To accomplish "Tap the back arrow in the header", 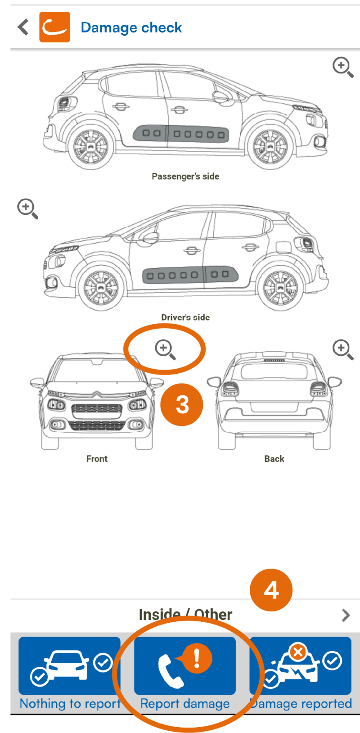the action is coord(23,27).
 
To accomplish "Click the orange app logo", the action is coord(54,27).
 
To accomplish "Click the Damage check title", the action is coord(131,27).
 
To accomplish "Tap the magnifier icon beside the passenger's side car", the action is coord(342,67).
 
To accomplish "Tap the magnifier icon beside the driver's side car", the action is coord(27,208).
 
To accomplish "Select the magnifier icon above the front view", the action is coord(165,349).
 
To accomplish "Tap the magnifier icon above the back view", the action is coord(342,349).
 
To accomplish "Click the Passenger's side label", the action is coord(185,176).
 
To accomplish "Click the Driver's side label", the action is coord(185,317).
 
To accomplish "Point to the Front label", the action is coord(97,459).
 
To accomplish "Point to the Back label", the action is coord(274,459).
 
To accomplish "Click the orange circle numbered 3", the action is coord(182,405).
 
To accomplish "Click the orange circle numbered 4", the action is coord(271,590).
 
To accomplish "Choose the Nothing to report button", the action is coord(70,674).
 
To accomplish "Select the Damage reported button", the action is coord(301,674).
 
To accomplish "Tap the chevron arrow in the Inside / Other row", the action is coord(346,615).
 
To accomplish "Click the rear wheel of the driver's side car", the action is coord(281,287).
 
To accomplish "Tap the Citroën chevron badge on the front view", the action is coord(97,394).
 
